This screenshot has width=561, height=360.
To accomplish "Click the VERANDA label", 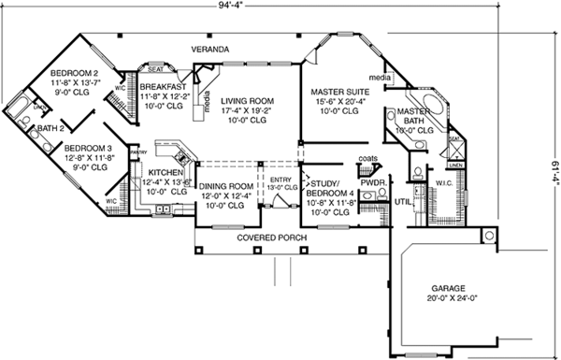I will (x=212, y=46).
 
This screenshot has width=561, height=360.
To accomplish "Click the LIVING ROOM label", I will (x=247, y=100).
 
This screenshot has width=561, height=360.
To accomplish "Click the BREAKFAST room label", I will (x=165, y=86).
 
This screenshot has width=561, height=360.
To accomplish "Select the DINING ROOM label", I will (x=226, y=186).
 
